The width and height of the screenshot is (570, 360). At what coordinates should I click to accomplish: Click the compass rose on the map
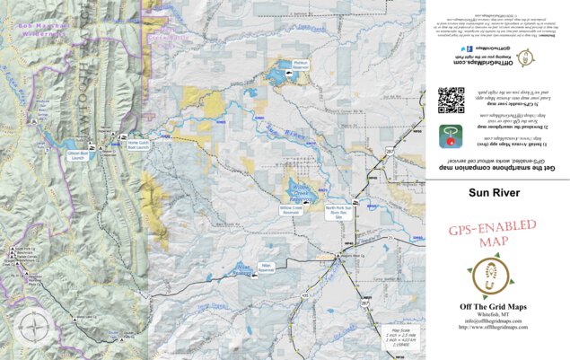click(x=34, y=324)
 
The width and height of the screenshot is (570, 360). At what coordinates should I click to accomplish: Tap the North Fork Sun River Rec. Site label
click(x=339, y=213)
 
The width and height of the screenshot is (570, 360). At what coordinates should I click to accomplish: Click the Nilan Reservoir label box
click(x=266, y=268)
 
